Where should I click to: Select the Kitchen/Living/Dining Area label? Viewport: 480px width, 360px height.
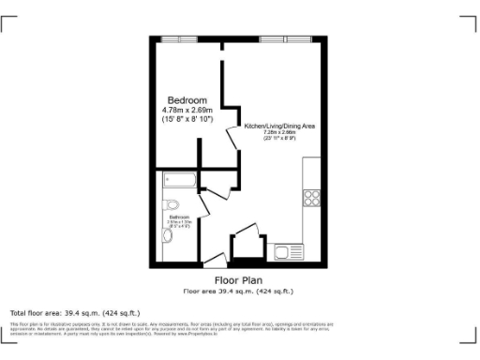point(273,126)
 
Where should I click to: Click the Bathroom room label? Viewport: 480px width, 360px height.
point(178,217)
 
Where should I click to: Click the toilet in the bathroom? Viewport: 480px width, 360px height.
point(171,203)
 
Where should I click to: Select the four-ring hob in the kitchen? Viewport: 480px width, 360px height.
point(312,198)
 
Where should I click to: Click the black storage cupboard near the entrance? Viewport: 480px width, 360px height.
point(247,245)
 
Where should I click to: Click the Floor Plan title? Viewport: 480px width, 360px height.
point(238,280)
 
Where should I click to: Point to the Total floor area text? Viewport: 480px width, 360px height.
point(74,312)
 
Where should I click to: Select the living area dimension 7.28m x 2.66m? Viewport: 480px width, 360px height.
point(273,133)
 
